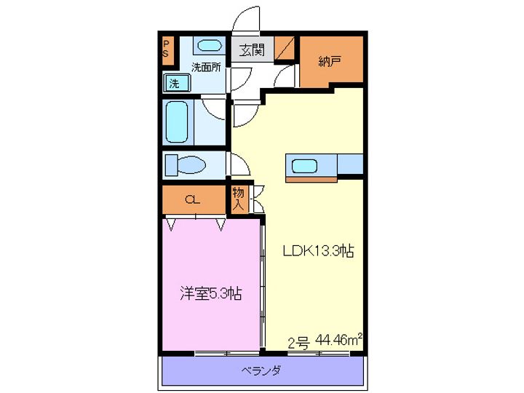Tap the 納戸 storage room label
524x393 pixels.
(329, 62)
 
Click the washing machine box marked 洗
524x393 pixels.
(174, 83)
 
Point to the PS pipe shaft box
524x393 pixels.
(166, 49)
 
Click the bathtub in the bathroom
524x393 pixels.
(178, 122)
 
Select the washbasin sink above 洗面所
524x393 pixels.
(210, 46)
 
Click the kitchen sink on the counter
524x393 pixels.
(304, 166)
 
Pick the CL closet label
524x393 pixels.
(192, 199)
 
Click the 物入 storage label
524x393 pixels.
(238, 199)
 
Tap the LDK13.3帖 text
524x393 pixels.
(318, 251)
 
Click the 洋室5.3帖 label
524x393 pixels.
(211, 294)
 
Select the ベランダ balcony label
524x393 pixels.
(261, 370)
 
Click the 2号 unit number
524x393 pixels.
(299, 342)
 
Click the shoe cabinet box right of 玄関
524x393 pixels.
(285, 49)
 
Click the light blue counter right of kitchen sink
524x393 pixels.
(350, 165)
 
